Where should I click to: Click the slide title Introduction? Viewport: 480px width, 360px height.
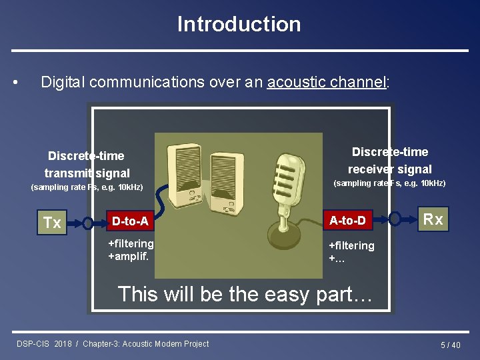point(239,25)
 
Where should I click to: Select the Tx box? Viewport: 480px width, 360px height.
point(52,223)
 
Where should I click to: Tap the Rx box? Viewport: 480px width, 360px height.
point(433,219)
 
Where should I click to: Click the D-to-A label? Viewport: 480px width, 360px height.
point(130,221)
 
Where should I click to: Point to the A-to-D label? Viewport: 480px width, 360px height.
point(347,220)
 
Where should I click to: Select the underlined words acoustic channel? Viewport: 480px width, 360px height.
point(326,82)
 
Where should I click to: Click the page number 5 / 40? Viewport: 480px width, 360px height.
point(450,345)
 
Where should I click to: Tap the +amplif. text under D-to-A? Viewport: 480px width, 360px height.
point(129,256)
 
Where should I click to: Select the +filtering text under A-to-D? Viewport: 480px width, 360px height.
point(351,245)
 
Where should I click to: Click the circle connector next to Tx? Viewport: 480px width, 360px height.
point(88,222)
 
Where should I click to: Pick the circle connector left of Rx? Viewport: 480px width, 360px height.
point(395,219)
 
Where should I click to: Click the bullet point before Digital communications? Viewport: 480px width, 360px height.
point(15,83)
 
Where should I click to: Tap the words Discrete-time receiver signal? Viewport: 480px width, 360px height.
point(390,161)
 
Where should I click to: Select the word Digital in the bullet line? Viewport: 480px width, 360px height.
point(63,82)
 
